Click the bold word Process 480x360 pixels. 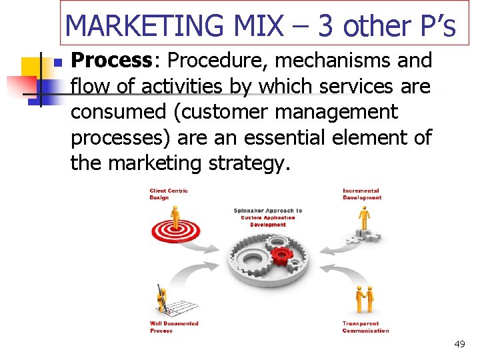point(112,61)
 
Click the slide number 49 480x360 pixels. point(459,344)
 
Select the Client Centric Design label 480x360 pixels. point(169,194)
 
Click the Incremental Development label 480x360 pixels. point(362,194)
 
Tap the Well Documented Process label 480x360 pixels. point(174,327)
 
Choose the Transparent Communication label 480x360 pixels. point(365,327)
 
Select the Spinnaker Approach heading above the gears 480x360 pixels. point(267,217)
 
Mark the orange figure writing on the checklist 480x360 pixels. point(163,299)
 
